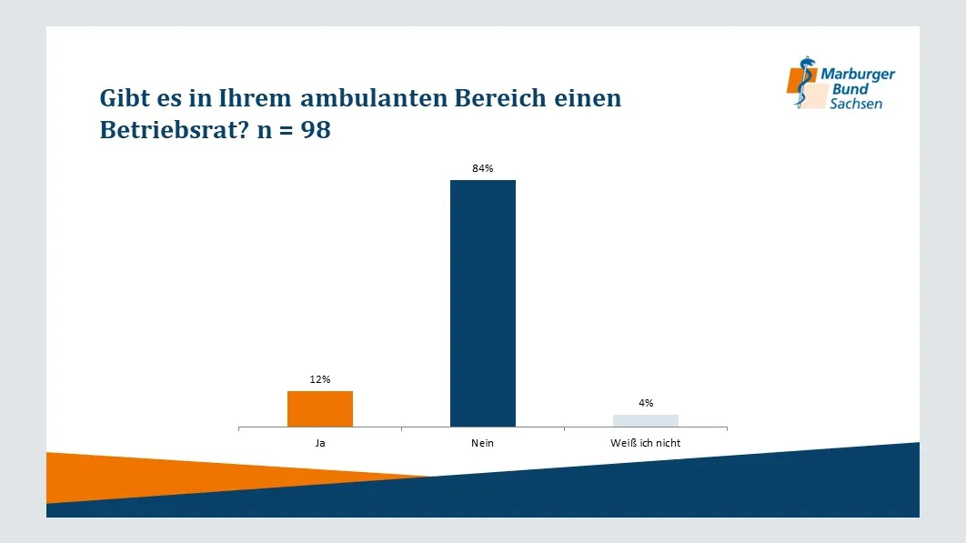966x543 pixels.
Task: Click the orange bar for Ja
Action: pyautogui.click(x=320, y=408)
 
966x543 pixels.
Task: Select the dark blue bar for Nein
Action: pyautogui.click(x=483, y=303)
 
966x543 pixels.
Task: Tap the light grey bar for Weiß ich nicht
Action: pyautogui.click(x=646, y=420)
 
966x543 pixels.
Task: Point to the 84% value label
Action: pyautogui.click(x=483, y=168)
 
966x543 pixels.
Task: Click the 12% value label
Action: pyautogui.click(x=320, y=379)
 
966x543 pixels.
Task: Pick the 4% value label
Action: pyautogui.click(x=646, y=403)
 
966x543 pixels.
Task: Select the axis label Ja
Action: pyautogui.click(x=320, y=443)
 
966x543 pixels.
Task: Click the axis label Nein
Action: pyautogui.click(x=483, y=443)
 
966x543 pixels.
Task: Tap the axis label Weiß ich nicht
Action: pyautogui.click(x=646, y=443)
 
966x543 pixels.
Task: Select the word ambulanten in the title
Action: pyautogui.click(x=363, y=98)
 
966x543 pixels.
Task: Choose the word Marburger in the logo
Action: pyautogui.click(x=858, y=75)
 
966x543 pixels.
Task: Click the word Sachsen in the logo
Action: pyautogui.click(x=855, y=104)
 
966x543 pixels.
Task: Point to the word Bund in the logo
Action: pyautogui.click(x=850, y=89)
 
